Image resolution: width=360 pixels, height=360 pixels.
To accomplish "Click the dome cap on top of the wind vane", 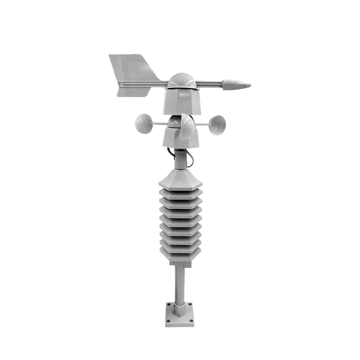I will [x=181, y=81].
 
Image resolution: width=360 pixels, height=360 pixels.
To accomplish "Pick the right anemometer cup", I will [x=217, y=124].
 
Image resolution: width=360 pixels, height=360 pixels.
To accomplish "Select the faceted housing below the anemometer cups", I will [x=181, y=139].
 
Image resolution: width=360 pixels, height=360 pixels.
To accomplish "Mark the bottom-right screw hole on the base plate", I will [x=191, y=322].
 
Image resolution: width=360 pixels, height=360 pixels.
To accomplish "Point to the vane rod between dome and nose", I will [x=209, y=83].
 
